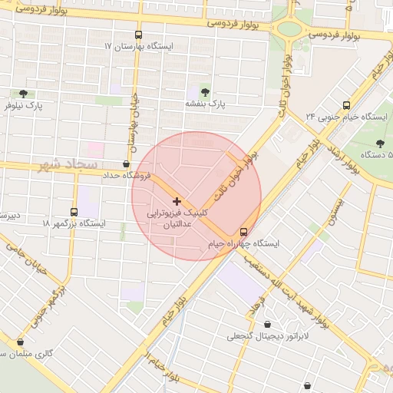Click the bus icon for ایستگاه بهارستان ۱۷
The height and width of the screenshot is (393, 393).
(x=138, y=35)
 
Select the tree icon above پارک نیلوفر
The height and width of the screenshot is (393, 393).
(x=22, y=94)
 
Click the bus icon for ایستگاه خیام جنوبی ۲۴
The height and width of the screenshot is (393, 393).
(x=346, y=105)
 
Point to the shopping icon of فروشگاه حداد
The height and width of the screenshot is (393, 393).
(x=127, y=163)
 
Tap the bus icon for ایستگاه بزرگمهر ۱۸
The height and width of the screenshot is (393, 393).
(x=74, y=212)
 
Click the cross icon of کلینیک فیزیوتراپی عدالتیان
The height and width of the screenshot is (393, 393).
(x=177, y=200)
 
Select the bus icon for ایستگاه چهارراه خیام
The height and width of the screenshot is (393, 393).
(x=244, y=231)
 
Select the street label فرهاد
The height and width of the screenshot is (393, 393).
(x=256, y=305)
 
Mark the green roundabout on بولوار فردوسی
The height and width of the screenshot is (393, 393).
(x=289, y=29)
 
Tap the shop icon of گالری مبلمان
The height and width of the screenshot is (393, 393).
(x=20, y=342)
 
